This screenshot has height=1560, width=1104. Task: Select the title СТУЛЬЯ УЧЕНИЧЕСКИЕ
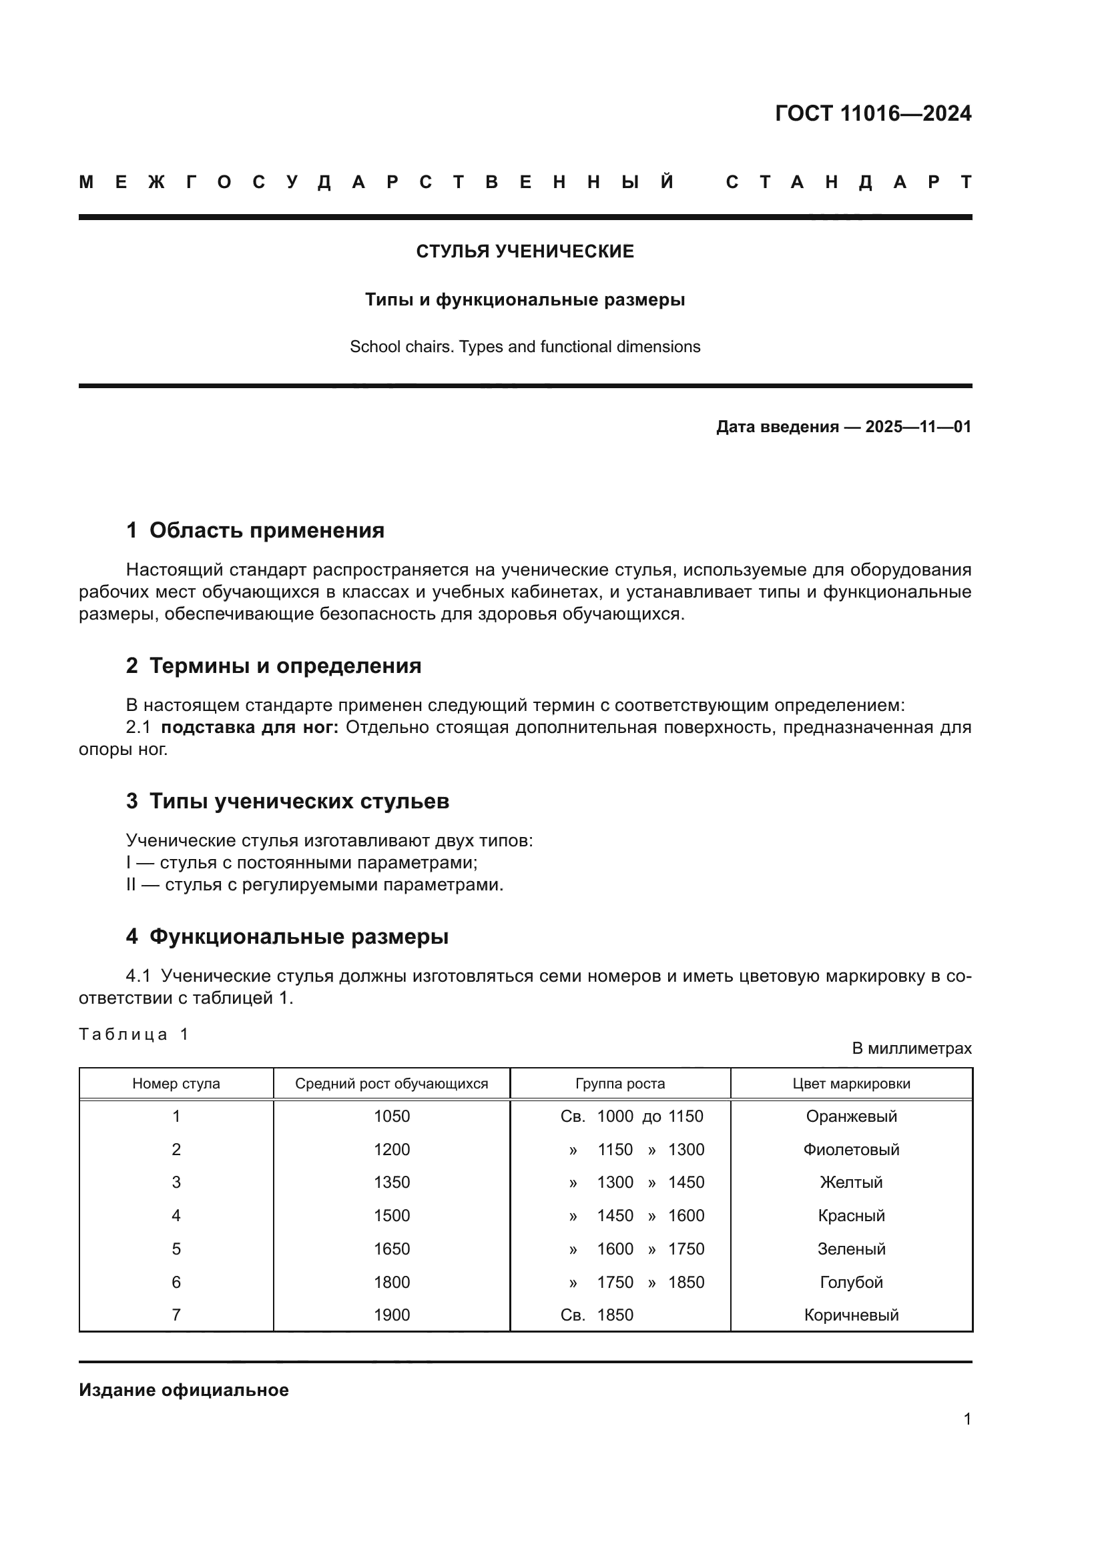click(525, 251)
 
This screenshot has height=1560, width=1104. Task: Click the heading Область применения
click(266, 531)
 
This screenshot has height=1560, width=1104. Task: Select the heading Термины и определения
click(285, 666)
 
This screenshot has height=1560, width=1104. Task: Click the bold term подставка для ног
click(250, 728)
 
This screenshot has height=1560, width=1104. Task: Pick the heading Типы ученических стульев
click(298, 801)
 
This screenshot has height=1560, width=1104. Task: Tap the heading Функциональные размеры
click(298, 937)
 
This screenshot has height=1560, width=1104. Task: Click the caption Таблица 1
click(133, 1035)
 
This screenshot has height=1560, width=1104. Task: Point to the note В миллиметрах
click(911, 1048)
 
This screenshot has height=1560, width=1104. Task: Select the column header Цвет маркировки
click(851, 1084)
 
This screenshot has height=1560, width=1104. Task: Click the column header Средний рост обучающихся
click(392, 1084)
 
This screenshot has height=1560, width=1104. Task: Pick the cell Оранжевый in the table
click(851, 1116)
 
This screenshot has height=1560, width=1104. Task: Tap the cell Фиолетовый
click(851, 1150)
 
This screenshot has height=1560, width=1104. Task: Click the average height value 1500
click(392, 1216)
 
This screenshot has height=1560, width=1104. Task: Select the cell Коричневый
click(851, 1315)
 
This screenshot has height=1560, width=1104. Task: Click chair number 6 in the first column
click(176, 1282)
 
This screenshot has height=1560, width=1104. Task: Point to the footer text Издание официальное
click(184, 1390)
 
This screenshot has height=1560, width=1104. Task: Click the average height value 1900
click(392, 1315)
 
